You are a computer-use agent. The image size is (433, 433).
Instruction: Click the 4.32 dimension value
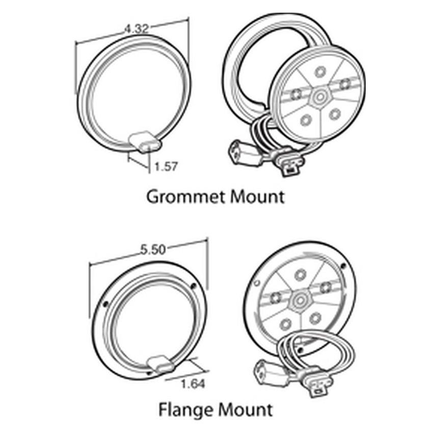pos(136,30)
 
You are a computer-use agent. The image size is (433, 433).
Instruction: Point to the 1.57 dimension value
pos(166,167)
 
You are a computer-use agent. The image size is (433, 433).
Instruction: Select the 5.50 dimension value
pos(151,250)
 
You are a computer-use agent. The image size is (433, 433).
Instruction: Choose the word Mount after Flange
pos(247,409)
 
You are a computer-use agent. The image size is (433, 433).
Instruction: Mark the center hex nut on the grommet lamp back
pos(320,95)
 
